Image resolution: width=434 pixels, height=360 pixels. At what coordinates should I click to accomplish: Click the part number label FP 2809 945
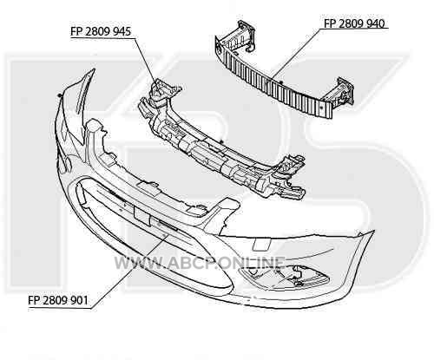point(101,31)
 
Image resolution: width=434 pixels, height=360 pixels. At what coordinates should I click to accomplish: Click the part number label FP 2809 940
point(354,23)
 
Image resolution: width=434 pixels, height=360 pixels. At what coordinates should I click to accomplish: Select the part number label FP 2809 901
point(58,300)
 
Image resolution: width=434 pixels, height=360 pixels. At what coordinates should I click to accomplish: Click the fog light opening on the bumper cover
point(284,277)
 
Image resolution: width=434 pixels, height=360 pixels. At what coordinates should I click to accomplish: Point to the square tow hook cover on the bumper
point(262,245)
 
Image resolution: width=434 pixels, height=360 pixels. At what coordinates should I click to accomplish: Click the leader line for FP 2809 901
point(129,272)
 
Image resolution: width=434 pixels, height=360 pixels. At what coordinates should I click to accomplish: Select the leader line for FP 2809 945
point(146,60)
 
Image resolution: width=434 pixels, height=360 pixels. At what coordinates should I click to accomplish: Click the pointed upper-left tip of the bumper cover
point(94,69)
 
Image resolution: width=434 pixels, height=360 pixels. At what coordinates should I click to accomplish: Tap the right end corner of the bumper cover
point(374,231)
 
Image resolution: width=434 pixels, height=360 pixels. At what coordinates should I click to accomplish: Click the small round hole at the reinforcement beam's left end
point(219,51)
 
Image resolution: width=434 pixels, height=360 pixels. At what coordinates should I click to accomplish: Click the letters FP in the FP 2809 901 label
point(34,300)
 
